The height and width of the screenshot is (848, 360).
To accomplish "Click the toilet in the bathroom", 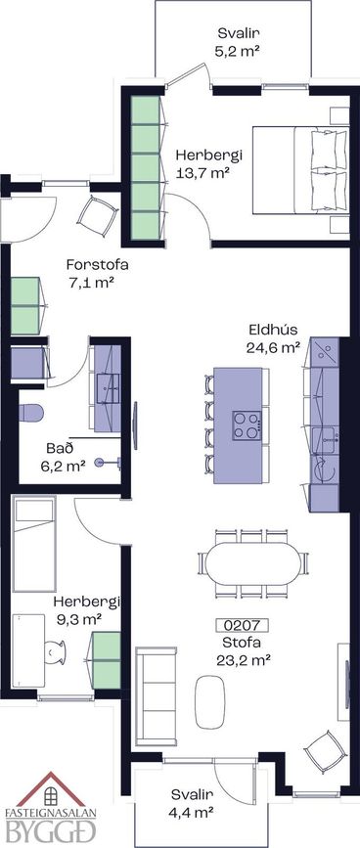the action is coord(31,413).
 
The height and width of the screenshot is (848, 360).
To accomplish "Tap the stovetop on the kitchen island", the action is coord(247,425).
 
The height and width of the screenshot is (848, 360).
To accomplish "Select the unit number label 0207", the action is coord(243,626).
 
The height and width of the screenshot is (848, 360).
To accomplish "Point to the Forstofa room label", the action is coord(97,265).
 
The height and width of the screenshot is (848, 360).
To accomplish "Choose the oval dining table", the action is coord(253,563).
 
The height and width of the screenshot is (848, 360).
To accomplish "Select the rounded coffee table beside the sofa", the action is coord(209,701).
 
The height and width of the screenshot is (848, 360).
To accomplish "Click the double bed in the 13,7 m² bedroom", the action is coord(301,169).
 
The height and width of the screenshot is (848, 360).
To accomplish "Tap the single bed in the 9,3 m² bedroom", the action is coord(34,545).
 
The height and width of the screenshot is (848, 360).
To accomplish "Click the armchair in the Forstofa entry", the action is coord(98,216).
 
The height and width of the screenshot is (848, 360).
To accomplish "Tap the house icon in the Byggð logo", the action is coord(50,791).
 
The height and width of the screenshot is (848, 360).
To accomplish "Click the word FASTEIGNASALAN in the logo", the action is coord(50,813).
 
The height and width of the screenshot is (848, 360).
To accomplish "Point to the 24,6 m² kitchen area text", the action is coord(273,348).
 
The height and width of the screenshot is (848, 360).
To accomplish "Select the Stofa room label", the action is coord(243,644).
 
